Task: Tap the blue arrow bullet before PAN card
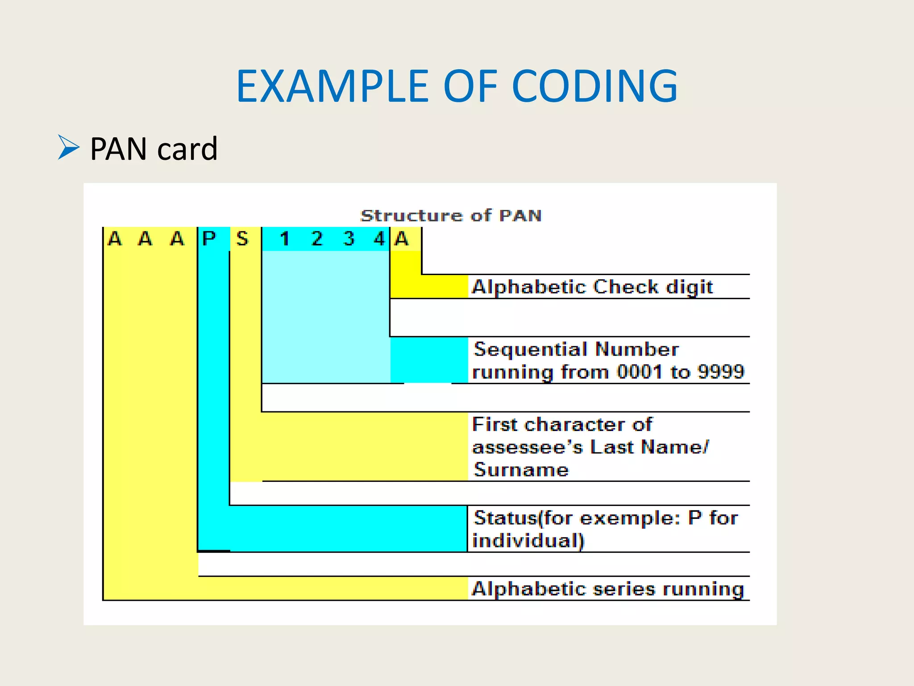click(x=68, y=147)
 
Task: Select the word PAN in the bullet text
click(x=119, y=149)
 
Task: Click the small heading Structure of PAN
click(x=451, y=216)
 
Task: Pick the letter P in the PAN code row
click(x=209, y=239)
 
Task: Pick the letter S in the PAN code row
click(x=242, y=239)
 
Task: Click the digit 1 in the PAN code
click(x=284, y=239)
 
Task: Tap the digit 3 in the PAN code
click(x=349, y=239)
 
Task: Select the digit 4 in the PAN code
click(x=379, y=239)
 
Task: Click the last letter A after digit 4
click(x=402, y=239)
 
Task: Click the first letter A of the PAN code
click(x=115, y=239)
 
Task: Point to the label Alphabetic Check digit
click(x=592, y=287)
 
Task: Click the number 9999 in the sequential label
click(x=721, y=372)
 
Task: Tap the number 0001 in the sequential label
click(x=640, y=372)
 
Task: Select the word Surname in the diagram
click(x=521, y=470)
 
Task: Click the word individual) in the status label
click(x=528, y=540)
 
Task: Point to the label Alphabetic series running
click(x=608, y=589)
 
